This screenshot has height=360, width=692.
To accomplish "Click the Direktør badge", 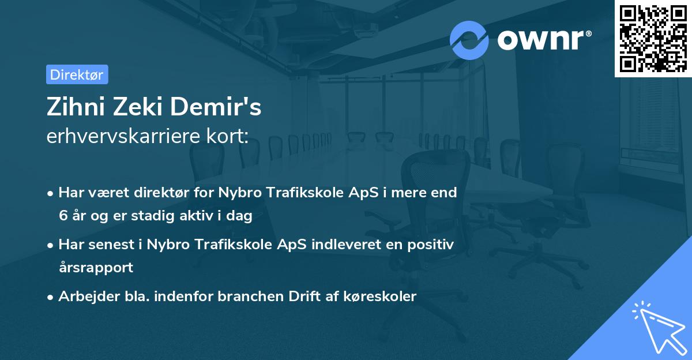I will pyautogui.click(x=77, y=74).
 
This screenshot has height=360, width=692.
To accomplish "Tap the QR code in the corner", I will pyautogui.click(x=653, y=39).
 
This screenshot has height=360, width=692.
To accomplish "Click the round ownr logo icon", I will pyautogui.click(x=469, y=40).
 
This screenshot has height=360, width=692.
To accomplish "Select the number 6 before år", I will pyautogui.click(x=63, y=216).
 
